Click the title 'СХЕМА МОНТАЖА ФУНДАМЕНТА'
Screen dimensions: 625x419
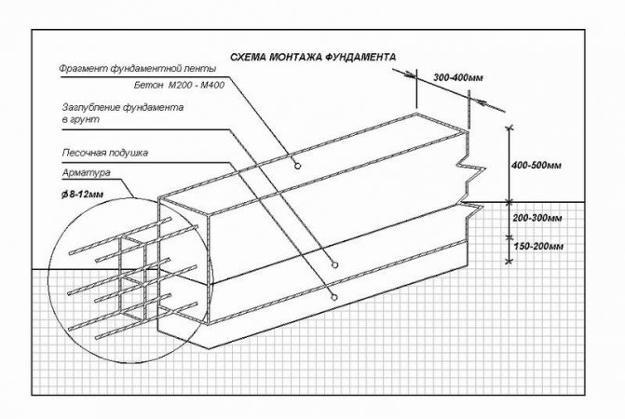pos(313,57)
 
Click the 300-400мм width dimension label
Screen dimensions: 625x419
pos(458,77)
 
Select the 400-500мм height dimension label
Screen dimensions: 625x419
pos(537,165)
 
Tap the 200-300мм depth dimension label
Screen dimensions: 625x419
pos(537,218)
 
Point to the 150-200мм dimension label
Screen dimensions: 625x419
pos(538,247)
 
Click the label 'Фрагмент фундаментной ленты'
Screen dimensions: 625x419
pos(138,69)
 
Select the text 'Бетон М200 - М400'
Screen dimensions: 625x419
pos(179,85)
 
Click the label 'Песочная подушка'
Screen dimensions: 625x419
pos(105,153)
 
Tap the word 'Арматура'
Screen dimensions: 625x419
pos(86,173)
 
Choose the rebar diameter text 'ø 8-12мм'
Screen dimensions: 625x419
pos(83,195)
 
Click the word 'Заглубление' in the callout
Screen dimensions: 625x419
pos(91,107)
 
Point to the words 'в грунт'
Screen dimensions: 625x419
pos(80,119)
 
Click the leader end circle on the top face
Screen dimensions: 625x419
pos(297,166)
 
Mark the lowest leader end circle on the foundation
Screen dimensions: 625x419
pos(334,297)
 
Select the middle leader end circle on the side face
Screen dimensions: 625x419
pos(334,264)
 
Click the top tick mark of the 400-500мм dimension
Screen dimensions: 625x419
pos(509,128)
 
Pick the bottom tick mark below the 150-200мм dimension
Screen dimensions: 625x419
pos(509,262)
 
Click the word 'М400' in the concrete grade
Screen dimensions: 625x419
pos(211,85)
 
